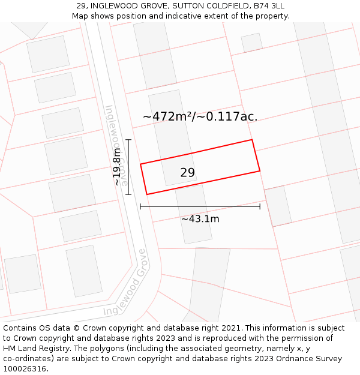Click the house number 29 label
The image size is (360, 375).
(187, 173)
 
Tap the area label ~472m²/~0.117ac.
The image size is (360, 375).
(200, 116)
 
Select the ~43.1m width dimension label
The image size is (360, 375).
(200, 219)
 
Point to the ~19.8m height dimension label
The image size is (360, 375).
(118, 167)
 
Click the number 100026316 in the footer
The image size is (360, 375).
(25, 368)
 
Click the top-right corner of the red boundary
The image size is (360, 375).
(252, 140)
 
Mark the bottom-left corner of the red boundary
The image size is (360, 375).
(147, 194)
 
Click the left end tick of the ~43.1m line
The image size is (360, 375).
(140, 206)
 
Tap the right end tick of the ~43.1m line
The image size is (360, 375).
(260, 206)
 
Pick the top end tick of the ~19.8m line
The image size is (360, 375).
(128, 140)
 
